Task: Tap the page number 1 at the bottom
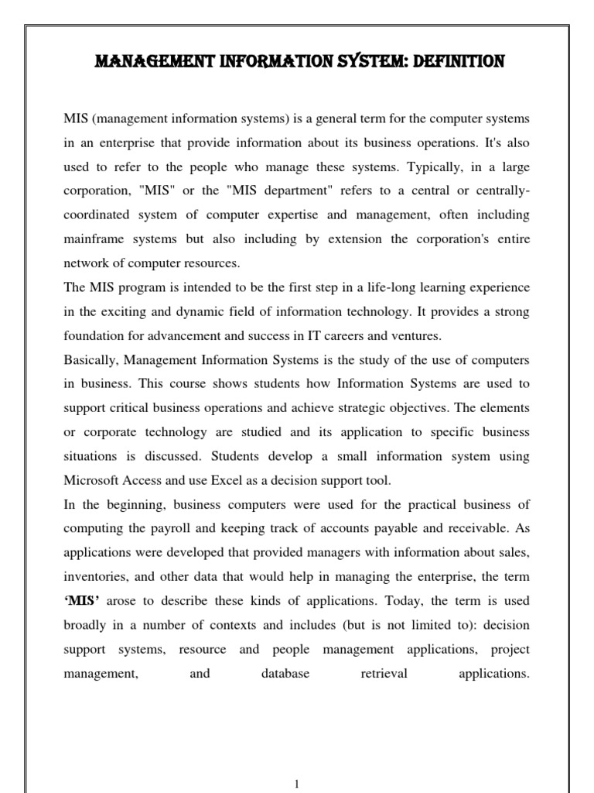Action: (x=297, y=784)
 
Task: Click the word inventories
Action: (x=92, y=577)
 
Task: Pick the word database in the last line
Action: (x=285, y=673)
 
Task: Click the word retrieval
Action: (x=384, y=673)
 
